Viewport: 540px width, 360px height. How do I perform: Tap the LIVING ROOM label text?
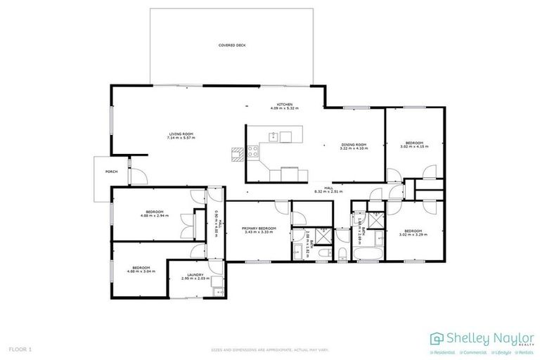coord(180,134)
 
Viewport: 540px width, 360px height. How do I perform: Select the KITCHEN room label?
coord(285,104)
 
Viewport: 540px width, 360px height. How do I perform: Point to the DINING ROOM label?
coord(354,143)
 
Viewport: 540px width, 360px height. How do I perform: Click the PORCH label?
coord(111,172)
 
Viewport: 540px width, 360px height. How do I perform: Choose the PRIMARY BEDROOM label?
coord(259,229)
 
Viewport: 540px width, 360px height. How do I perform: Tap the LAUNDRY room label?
coord(195,275)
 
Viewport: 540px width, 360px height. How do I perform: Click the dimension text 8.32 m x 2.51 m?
coord(326,191)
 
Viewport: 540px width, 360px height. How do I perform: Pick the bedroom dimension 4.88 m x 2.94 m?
coord(154,217)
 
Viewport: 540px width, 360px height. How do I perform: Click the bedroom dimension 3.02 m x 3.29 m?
coord(413,234)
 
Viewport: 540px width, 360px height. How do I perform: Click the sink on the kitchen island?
coord(285,136)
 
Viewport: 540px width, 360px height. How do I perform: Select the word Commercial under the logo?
coord(476,352)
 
